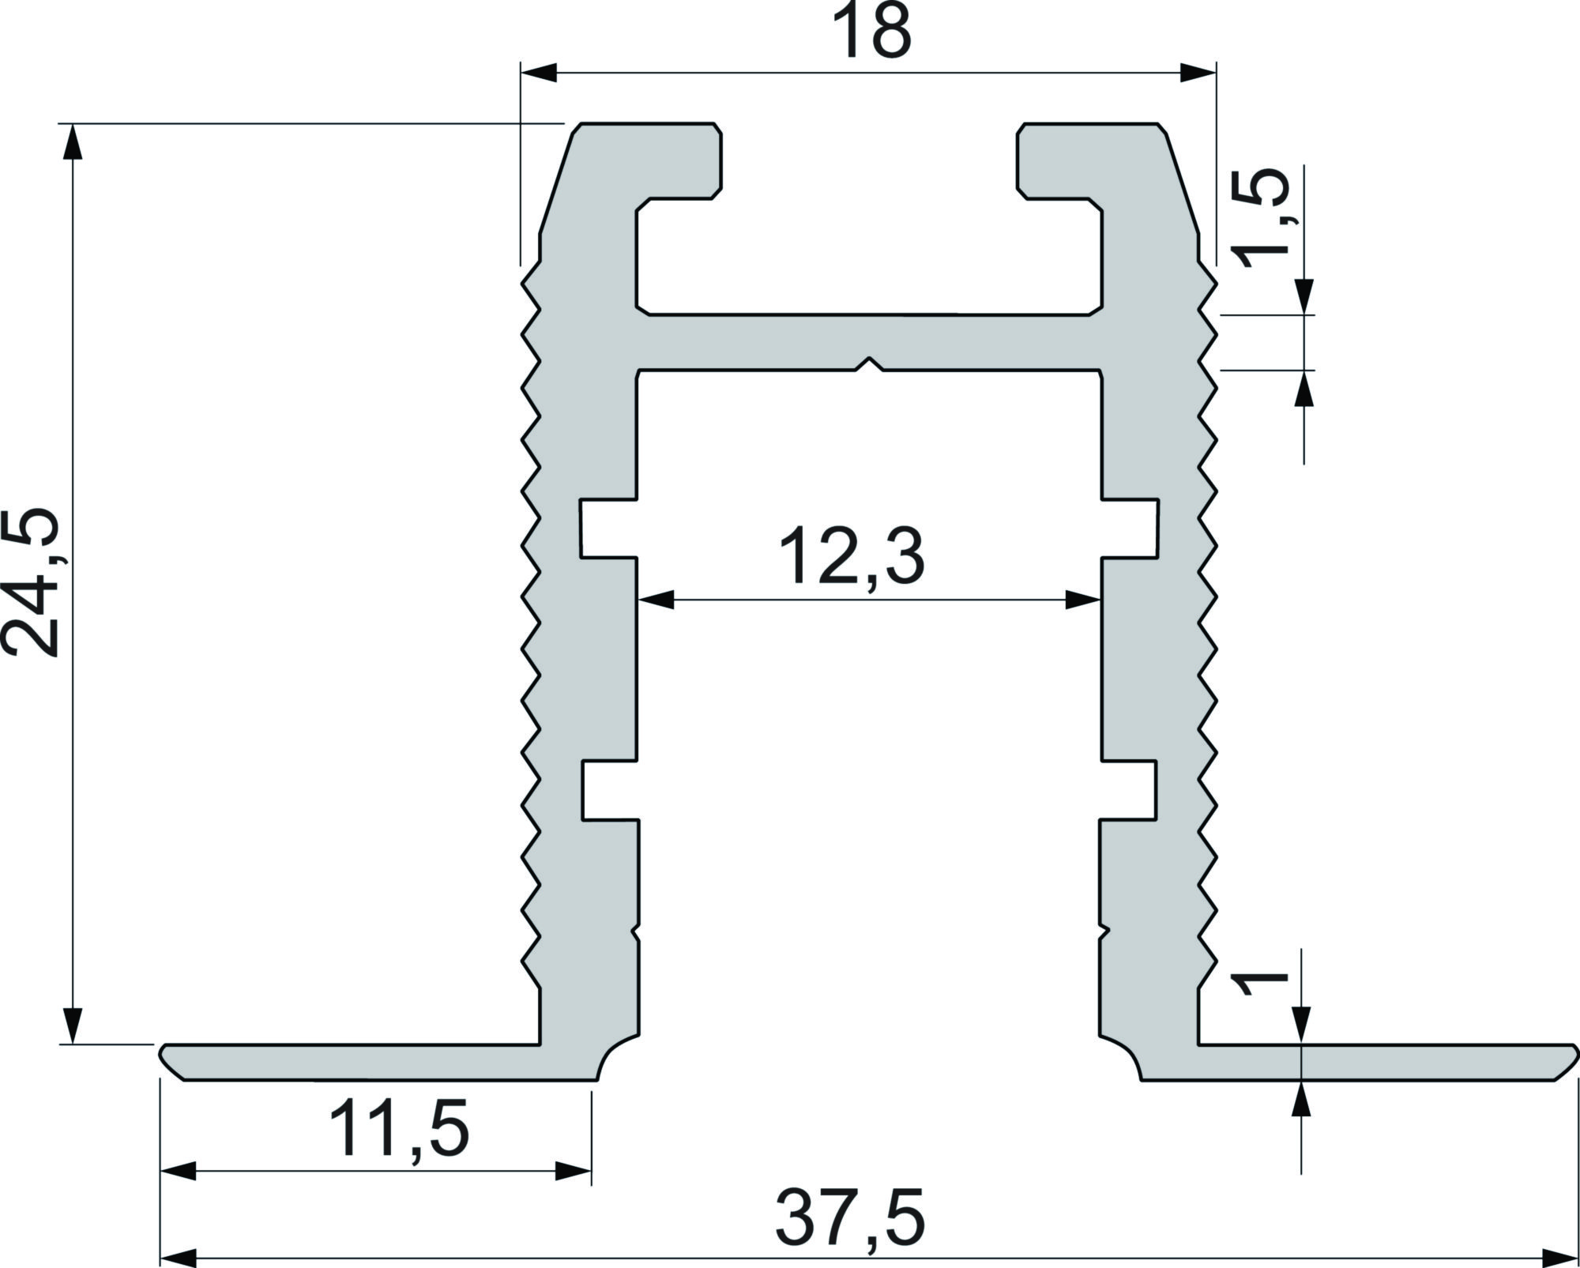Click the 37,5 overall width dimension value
(850, 1220)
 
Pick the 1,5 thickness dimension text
(1262, 218)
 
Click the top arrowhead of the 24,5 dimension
(73, 142)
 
